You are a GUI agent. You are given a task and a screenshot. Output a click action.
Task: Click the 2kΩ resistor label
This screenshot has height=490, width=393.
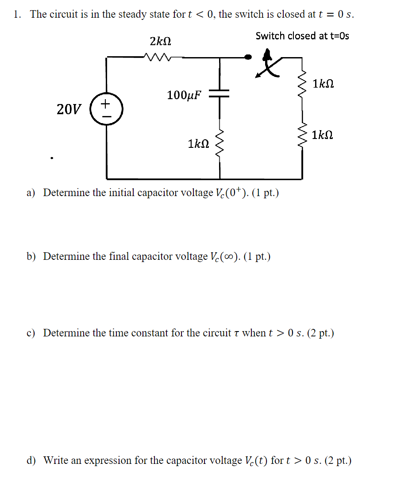[160, 42]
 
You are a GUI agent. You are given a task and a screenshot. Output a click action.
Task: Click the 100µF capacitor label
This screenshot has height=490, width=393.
[184, 95]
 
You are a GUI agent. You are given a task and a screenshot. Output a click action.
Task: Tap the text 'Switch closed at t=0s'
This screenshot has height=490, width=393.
[302, 36]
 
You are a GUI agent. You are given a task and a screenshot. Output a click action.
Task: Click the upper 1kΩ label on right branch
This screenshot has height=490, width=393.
[323, 84]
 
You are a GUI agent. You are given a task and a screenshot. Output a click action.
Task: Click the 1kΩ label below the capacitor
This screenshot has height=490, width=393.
[198, 144]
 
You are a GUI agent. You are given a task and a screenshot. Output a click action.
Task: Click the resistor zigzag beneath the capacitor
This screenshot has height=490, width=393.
[219, 144]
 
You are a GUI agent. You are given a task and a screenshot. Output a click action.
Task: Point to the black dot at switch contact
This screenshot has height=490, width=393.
[249, 57]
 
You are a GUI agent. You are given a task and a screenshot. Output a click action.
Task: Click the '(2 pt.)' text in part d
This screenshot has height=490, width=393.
[339, 461]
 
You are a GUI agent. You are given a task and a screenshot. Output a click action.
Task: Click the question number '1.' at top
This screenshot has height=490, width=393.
[17, 14]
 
